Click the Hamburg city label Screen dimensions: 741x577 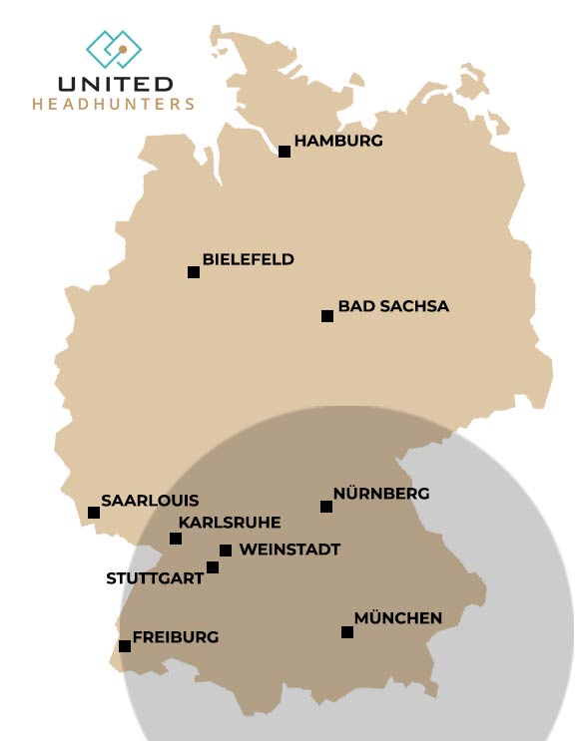click(x=338, y=142)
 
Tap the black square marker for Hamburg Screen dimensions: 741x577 click(x=285, y=152)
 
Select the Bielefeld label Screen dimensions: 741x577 click(x=249, y=259)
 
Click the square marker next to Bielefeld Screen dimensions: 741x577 click(x=194, y=272)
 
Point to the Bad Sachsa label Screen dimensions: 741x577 click(x=393, y=306)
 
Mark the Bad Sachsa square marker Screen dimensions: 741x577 click(x=326, y=316)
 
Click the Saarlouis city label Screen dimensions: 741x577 click(x=150, y=501)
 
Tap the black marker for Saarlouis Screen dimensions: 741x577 click(x=94, y=513)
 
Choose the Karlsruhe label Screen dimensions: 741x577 click(x=230, y=522)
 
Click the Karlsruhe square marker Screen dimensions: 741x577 click(x=176, y=539)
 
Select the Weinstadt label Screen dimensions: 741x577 click(x=289, y=550)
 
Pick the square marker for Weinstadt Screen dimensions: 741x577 click(x=226, y=551)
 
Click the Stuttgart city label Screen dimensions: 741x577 click(x=155, y=577)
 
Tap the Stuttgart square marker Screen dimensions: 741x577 click(x=213, y=567)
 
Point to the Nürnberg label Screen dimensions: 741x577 click(x=381, y=494)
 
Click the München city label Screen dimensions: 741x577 click(x=397, y=619)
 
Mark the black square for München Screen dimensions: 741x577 click(x=347, y=632)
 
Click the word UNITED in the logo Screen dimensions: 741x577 click(x=116, y=84)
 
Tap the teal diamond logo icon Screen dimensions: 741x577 click(x=114, y=48)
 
